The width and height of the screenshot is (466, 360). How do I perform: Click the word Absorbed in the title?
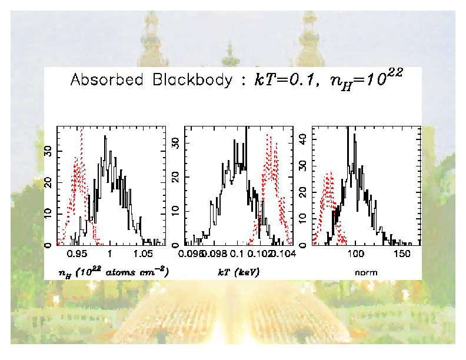click(105, 80)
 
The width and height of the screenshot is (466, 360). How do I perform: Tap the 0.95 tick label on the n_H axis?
click(77, 255)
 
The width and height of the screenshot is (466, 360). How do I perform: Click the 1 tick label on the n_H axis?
click(109, 255)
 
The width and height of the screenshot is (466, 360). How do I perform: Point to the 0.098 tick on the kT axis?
click(215, 255)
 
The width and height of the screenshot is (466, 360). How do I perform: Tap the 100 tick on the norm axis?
click(356, 255)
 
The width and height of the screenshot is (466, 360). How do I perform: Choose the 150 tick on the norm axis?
click(402, 255)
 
